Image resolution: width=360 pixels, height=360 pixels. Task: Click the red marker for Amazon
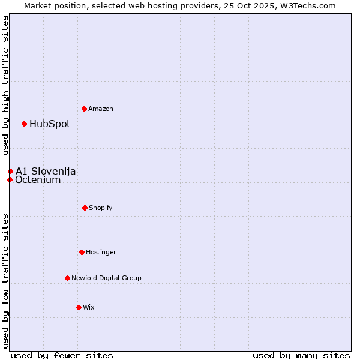tap(84, 109)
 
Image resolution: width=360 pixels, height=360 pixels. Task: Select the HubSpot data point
tap(24, 124)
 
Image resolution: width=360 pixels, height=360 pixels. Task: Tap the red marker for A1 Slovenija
tap(10, 172)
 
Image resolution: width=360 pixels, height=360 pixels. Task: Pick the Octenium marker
tap(10, 179)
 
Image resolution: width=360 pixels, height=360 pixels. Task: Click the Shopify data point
tap(85, 208)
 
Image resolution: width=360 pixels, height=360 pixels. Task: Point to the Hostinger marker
tap(82, 252)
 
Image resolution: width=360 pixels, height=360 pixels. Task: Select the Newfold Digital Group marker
tap(67, 278)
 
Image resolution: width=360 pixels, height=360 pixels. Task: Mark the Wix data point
tap(79, 307)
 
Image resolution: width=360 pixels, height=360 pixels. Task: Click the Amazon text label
tap(101, 109)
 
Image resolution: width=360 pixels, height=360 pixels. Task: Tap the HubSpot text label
tap(50, 124)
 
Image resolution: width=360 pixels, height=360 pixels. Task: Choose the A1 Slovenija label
tap(46, 172)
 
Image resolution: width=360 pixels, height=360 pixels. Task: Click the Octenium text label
tap(38, 180)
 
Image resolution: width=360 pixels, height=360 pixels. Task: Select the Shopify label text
tap(101, 208)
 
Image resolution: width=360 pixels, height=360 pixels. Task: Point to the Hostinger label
tap(101, 252)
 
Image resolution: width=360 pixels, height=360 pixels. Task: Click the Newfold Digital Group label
tap(106, 278)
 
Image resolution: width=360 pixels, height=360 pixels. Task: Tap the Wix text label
tap(89, 307)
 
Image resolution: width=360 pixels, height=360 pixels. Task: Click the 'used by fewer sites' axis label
tap(62, 355)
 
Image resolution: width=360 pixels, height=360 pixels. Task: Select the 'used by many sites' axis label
tap(301, 355)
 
